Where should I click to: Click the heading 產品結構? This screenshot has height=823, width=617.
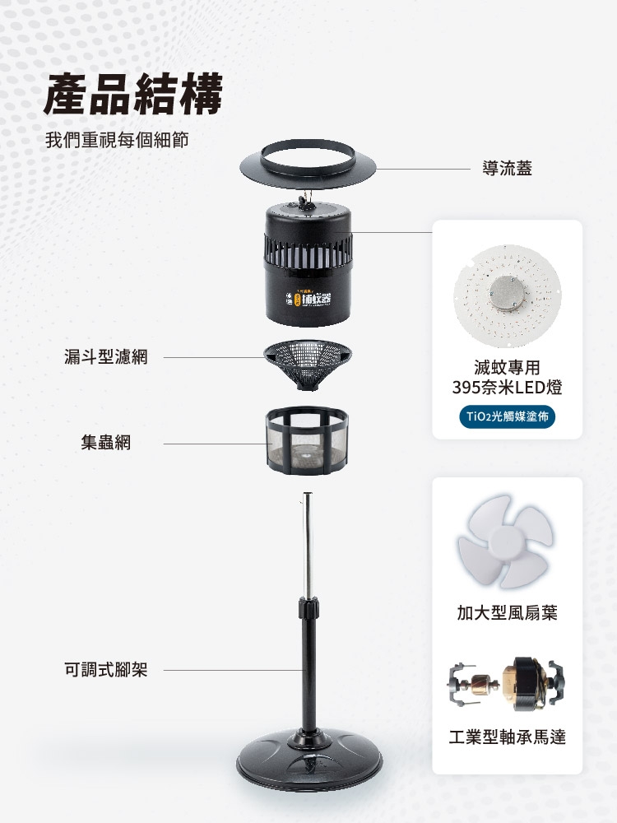coord(134,94)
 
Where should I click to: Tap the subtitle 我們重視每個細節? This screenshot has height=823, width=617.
coord(117,139)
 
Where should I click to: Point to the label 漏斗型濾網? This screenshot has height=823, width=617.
coord(106,357)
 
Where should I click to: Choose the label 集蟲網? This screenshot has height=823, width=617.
coord(106,443)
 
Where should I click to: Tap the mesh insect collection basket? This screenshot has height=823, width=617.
coord(309,442)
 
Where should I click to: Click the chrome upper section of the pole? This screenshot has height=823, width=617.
coord(308,543)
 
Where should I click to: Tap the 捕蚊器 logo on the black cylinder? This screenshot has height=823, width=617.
coord(316,299)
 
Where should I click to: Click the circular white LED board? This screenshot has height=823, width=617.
coord(507,289)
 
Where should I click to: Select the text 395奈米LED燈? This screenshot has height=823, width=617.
coord(507,387)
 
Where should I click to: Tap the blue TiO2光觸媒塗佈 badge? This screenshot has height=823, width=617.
coord(507,416)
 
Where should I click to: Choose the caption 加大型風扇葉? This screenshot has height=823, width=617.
coord(507,612)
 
